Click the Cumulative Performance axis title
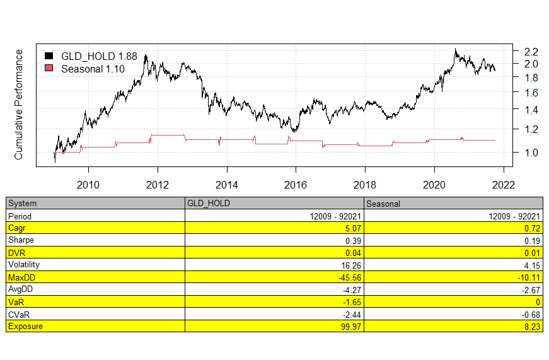click(19, 104)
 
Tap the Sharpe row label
click(21, 240)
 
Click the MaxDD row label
click(21, 277)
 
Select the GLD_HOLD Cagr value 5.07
click(352, 228)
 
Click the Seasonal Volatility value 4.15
click(531, 265)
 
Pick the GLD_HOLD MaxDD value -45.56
click(349, 277)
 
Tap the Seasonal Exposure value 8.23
click(531, 326)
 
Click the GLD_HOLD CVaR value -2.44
click(351, 313)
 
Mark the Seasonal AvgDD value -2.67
click(529, 289)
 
